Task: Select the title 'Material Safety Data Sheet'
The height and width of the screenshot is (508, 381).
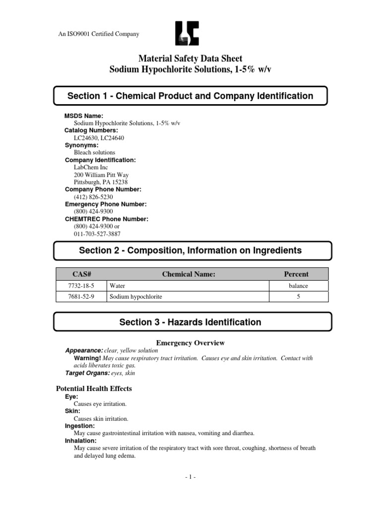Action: point(190,59)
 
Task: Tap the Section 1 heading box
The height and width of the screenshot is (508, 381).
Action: point(190,96)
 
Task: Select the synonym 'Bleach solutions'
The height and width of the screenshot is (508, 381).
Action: point(94,152)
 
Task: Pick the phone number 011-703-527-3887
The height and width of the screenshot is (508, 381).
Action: point(97,234)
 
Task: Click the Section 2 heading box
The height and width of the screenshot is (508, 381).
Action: point(190,251)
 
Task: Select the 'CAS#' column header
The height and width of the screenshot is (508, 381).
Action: point(80,274)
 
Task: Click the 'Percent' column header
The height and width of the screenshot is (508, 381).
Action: point(298,274)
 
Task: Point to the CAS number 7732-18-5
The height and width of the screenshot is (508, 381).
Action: point(80,286)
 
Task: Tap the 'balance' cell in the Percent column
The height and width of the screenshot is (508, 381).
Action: point(298,286)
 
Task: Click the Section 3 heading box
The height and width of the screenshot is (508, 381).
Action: point(190,322)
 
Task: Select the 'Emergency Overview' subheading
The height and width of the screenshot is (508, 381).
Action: point(190,343)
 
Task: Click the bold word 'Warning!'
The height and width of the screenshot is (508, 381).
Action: point(87,358)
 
